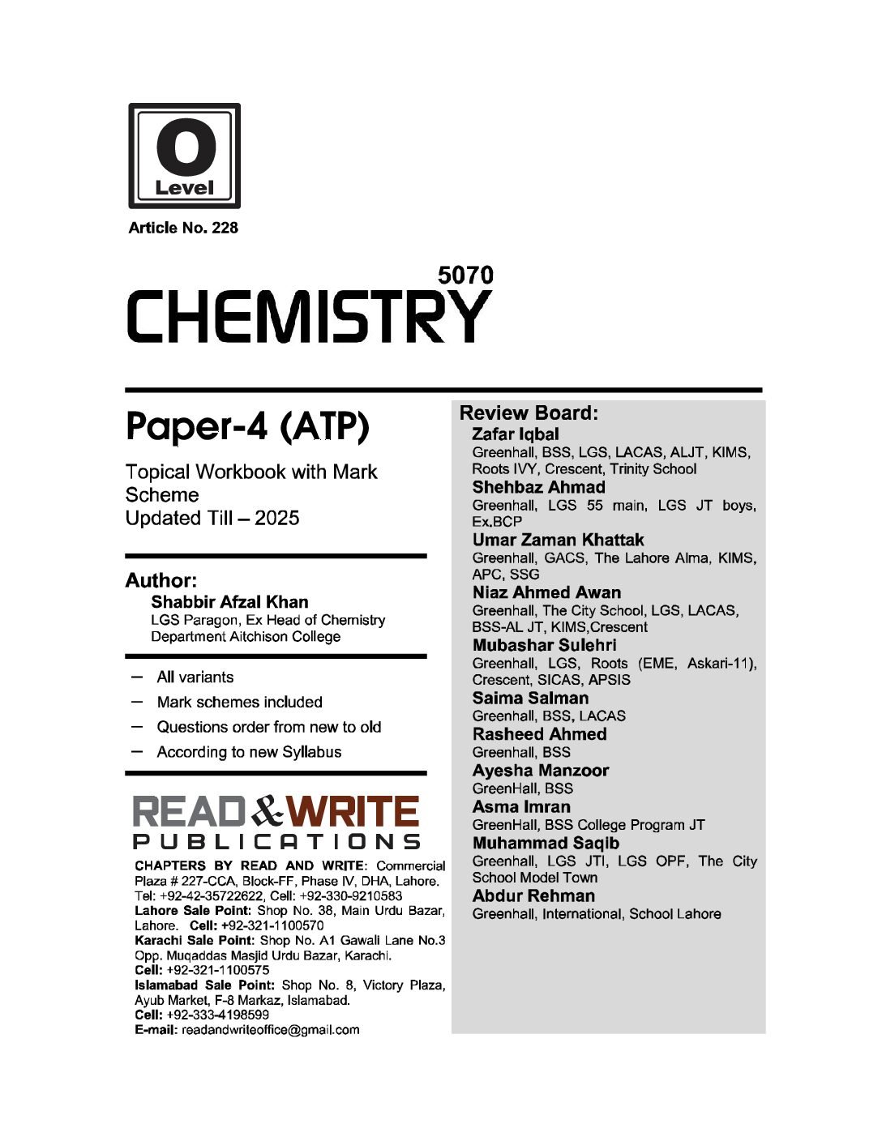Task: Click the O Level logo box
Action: point(184,156)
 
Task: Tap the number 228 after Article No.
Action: point(225,228)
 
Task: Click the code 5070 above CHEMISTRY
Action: point(465,276)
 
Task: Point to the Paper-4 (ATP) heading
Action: point(247,427)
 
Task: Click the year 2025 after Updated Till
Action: point(276,518)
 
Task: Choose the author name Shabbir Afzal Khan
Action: point(229,602)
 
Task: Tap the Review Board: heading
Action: point(529,413)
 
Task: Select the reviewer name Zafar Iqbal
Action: point(515,434)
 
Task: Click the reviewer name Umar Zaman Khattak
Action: point(558,540)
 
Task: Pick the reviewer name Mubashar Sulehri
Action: point(544,645)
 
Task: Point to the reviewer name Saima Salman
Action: point(530,698)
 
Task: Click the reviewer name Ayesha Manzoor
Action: point(540,771)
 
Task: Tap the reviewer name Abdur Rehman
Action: point(533,896)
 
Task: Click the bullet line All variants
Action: point(195,677)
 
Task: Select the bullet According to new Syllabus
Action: point(249,752)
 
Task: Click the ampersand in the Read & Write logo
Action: point(268,811)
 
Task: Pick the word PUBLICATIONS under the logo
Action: point(276,841)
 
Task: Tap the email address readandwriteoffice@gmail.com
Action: point(270,1030)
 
